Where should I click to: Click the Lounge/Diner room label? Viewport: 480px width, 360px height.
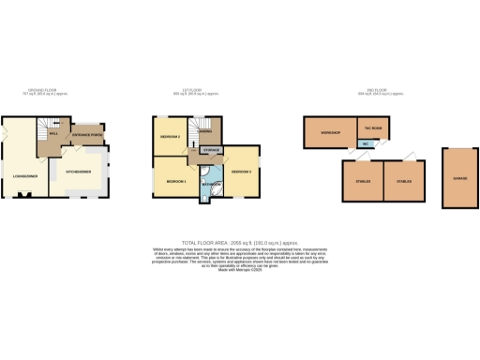tap(24, 174)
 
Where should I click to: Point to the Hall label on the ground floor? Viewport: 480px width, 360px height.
tap(53, 133)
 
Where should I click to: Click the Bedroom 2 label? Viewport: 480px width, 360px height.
tap(169, 137)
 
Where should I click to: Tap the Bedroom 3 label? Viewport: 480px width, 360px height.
tap(242, 172)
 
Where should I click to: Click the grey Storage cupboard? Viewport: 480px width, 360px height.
tap(212, 151)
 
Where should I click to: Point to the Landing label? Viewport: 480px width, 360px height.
tap(201, 132)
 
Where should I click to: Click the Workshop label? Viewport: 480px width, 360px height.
tap(329, 133)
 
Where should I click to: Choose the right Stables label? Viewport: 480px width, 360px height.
tap(404, 180)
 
